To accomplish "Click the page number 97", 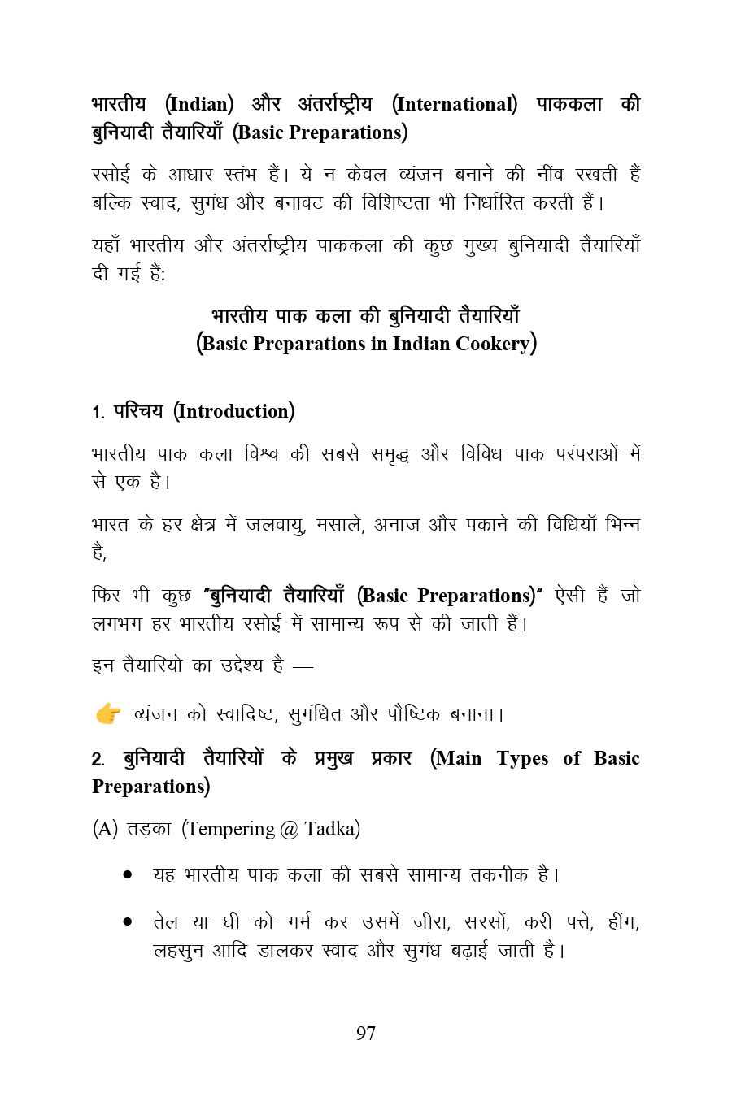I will (x=366, y=1034).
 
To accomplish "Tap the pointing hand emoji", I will (x=108, y=714).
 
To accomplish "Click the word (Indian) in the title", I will (x=199, y=105).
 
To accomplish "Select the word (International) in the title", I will (x=454, y=105).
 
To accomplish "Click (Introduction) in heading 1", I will (x=233, y=411).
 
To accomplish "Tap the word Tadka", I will (x=332, y=829).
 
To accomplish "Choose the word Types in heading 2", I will (x=524, y=758).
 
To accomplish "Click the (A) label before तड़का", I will (x=106, y=829).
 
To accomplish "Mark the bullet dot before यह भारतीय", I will (x=128, y=875).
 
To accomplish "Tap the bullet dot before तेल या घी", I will (x=128, y=922).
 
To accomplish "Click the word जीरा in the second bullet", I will (x=430, y=922).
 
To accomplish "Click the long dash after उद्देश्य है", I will (x=302, y=666).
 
